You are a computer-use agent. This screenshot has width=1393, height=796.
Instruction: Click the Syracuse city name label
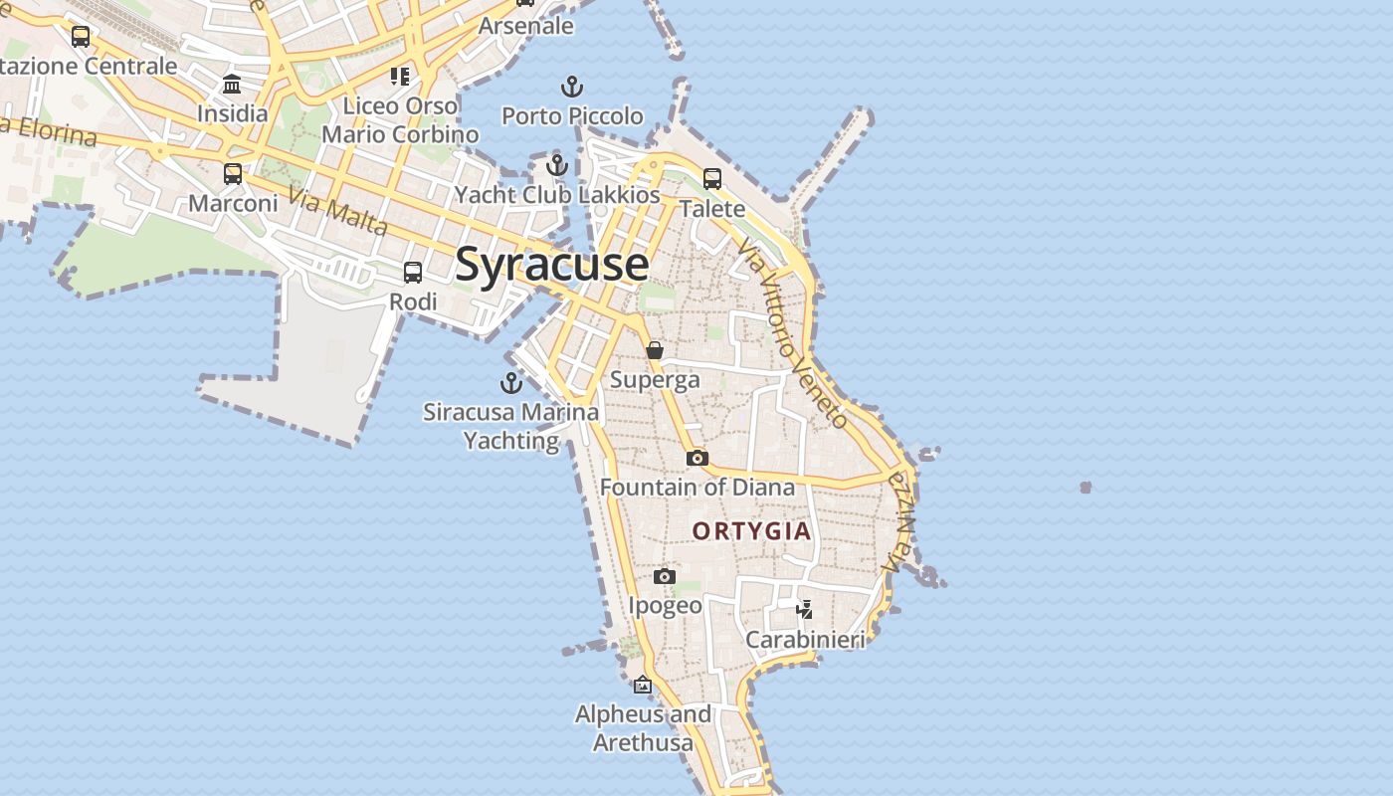552,265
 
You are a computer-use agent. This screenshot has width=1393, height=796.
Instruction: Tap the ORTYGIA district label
752,531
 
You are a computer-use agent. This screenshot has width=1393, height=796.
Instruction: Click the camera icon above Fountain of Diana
697,458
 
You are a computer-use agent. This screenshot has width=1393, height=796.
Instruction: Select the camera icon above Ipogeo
665,576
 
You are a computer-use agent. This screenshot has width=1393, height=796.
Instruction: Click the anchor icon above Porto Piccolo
572,88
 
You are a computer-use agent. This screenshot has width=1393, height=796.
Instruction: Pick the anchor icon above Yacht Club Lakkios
557,165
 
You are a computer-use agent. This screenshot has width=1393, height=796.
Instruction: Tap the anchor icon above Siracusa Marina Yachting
511,383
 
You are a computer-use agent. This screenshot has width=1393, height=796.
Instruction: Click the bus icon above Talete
712,179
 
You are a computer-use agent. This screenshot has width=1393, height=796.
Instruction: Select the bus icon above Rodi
413,272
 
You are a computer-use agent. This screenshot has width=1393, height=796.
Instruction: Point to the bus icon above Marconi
233,174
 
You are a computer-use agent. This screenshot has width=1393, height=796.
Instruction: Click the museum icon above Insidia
233,84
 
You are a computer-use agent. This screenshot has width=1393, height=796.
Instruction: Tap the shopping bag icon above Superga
655,350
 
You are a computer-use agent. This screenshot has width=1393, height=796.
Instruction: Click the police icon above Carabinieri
805,609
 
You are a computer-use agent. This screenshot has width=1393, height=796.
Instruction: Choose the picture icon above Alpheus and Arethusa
643,685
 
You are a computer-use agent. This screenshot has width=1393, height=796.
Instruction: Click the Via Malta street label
338,212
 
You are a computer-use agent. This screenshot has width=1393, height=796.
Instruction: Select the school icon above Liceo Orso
400,77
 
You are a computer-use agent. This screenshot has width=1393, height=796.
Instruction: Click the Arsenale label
526,26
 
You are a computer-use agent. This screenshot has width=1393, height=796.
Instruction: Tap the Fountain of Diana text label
697,488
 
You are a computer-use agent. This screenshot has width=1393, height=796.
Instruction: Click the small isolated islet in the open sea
1086,488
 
